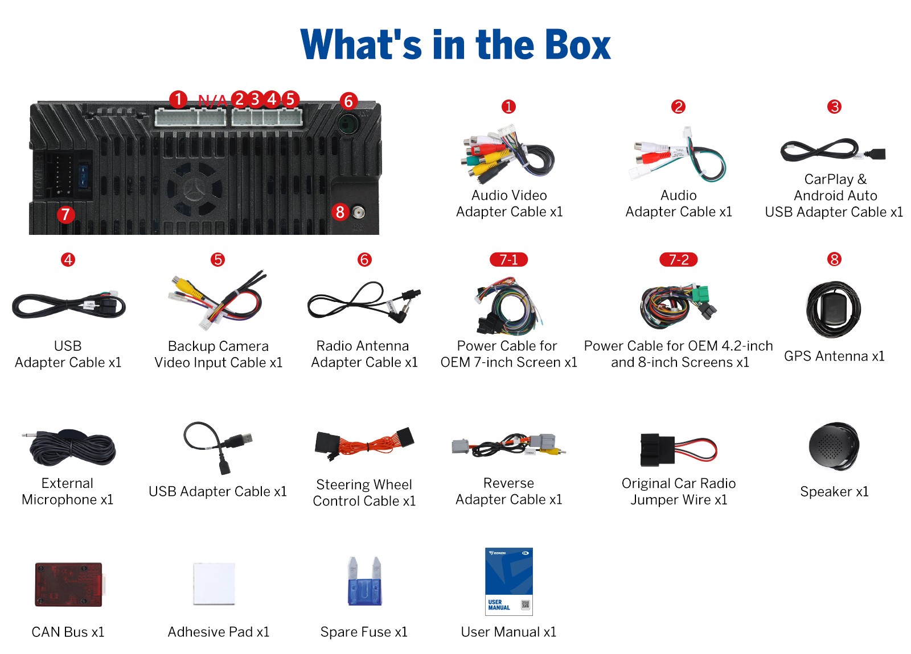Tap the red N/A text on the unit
pos(212,100)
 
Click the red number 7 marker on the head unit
pos(66,214)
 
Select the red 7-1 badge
pos(508,259)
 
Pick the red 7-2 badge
pos(678,259)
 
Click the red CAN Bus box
pos(69,584)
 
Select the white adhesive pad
pos(214,583)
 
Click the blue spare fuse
pos(364,582)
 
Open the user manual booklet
pos(509,581)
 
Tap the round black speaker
pos(834,446)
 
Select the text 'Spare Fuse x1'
pos(364,632)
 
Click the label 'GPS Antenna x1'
pos(834,356)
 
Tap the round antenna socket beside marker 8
pos(358,212)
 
